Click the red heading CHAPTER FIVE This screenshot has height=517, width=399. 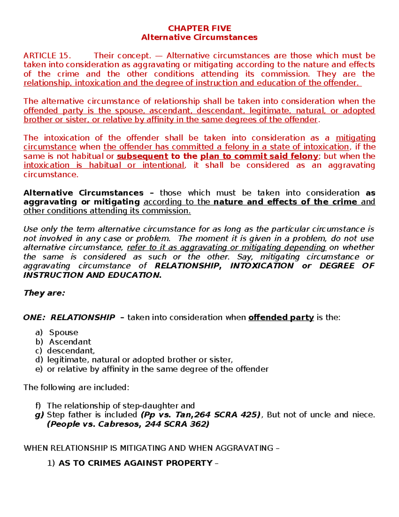pyautogui.click(x=199, y=28)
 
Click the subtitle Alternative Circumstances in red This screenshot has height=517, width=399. pyautogui.click(x=199, y=37)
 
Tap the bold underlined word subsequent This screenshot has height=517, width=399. pyautogui.click(x=143, y=156)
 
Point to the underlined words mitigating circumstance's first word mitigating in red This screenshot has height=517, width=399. pyautogui.click(x=355, y=138)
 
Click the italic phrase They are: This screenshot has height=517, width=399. pyautogui.click(x=44, y=293)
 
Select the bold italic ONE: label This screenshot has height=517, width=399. pyautogui.click(x=34, y=318)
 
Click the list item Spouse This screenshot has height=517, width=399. pyautogui.click(x=64, y=333)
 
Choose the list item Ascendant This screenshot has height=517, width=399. pyautogui.click(x=70, y=342)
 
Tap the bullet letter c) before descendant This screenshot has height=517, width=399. pyautogui.click(x=39, y=351)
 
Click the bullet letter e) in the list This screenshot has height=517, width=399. pyautogui.click(x=39, y=369)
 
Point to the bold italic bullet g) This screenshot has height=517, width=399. pyautogui.click(x=39, y=415)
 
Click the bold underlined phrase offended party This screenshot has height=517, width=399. pyautogui.click(x=281, y=318)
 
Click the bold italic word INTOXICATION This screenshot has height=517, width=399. pyautogui.click(x=262, y=266)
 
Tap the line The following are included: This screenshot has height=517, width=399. pyautogui.click(x=76, y=388)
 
